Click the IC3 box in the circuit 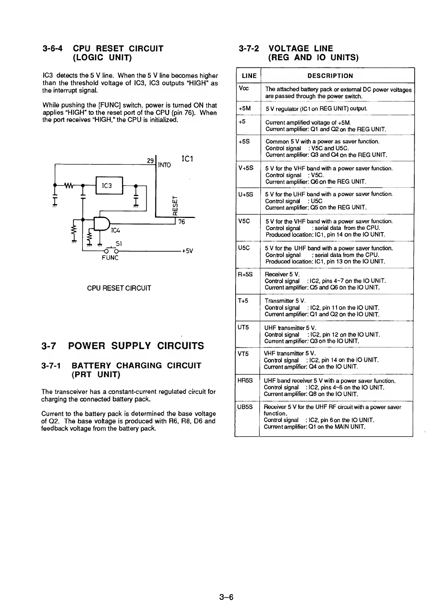click(109, 186)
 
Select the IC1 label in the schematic click(187, 159)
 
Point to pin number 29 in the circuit click(150, 161)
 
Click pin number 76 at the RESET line click(182, 222)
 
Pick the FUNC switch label click(110, 258)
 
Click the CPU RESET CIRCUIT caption click(119, 288)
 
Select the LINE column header click(249, 76)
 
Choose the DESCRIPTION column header click(330, 76)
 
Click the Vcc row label click(243, 89)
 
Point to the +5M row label click(244, 108)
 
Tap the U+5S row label click(245, 195)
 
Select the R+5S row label click(245, 274)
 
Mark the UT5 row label click(243, 327)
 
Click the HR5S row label click(245, 380)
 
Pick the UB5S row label click(245, 407)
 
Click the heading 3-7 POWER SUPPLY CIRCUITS click(123, 345)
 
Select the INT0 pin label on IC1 click(164, 165)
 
